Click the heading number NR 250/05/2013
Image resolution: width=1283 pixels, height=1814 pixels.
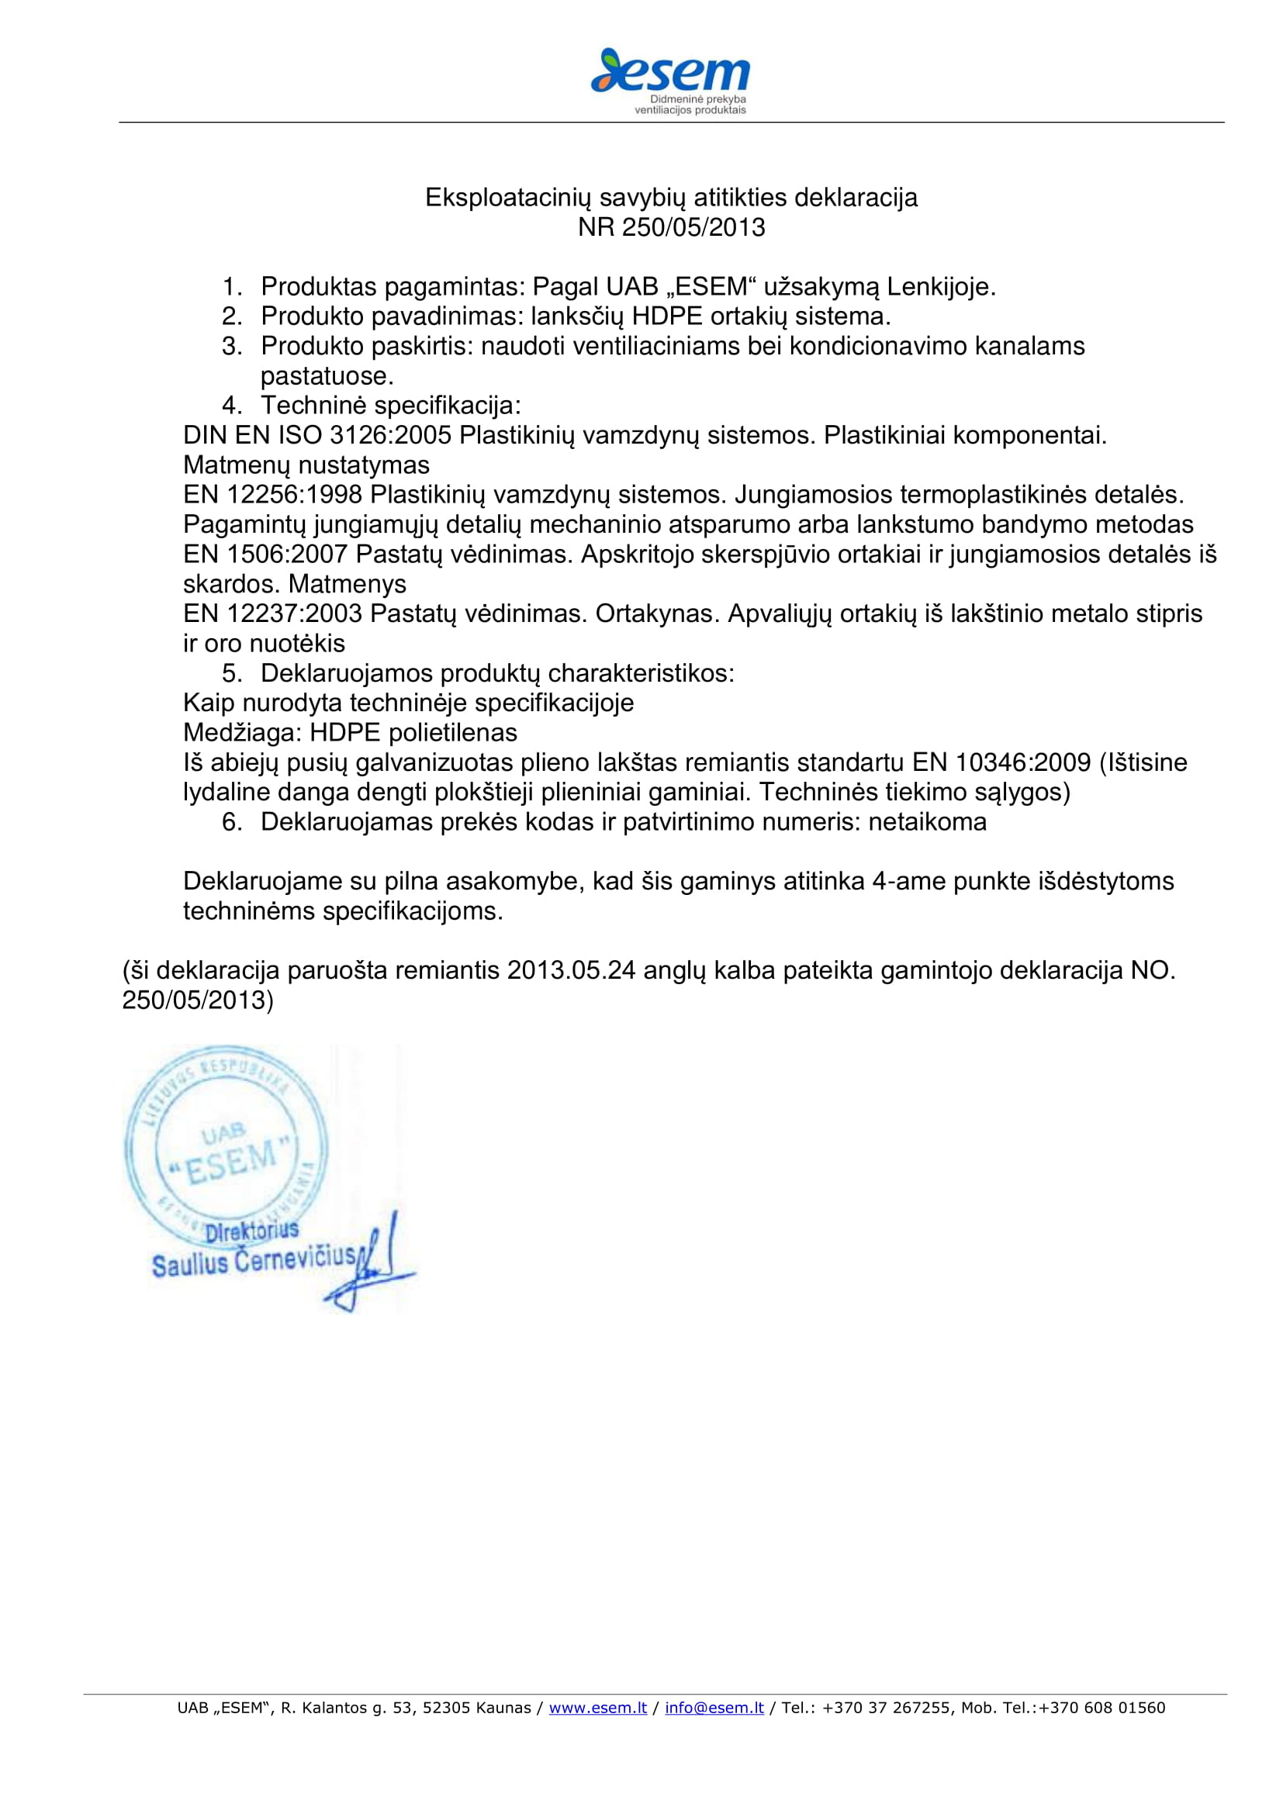tap(671, 227)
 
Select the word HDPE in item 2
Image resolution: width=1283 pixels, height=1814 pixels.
tap(667, 317)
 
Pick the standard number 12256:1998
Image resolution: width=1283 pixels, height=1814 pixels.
tap(295, 495)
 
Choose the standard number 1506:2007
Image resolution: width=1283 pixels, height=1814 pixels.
tap(288, 555)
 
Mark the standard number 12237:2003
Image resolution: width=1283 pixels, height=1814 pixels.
tap(295, 614)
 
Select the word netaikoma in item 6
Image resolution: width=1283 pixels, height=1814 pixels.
tap(928, 822)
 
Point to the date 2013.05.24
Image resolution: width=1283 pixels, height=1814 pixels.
tap(571, 970)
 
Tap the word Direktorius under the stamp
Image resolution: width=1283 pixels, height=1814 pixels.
tap(252, 1231)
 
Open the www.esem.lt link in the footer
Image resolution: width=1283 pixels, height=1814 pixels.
tap(597, 1707)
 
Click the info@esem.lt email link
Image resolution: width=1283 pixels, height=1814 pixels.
tap(714, 1707)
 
